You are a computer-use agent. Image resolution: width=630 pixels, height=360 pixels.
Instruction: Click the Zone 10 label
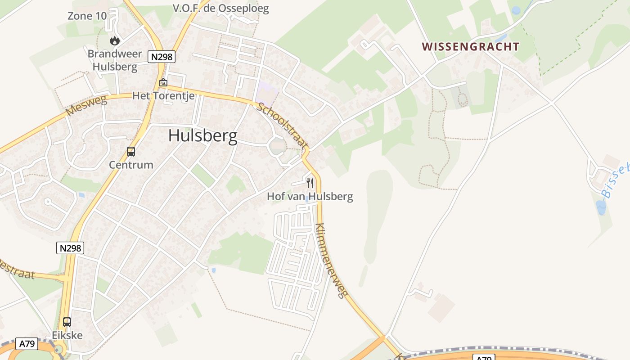(x=87, y=16)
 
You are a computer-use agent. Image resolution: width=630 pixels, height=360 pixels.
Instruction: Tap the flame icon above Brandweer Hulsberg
(x=115, y=40)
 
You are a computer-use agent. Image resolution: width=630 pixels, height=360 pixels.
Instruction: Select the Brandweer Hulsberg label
(x=115, y=60)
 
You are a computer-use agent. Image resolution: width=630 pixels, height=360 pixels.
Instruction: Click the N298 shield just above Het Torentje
(x=162, y=57)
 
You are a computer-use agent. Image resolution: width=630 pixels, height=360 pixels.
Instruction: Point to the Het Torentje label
(x=163, y=96)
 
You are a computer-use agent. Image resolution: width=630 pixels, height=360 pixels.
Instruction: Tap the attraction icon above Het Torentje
(x=163, y=82)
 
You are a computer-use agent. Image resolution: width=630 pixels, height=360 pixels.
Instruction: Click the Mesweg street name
(x=87, y=105)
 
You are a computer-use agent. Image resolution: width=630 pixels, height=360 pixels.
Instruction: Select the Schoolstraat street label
(x=283, y=126)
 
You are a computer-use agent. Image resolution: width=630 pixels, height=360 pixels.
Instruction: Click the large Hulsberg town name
(x=203, y=135)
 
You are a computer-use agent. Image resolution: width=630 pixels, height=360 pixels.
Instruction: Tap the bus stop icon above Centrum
(x=131, y=152)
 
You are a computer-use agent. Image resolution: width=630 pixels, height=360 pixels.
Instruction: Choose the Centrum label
(x=131, y=165)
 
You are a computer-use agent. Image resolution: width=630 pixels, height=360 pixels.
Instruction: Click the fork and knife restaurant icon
(x=310, y=183)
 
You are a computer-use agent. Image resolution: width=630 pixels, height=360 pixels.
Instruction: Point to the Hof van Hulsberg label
(x=310, y=196)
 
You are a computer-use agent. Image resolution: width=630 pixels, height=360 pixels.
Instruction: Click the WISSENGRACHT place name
(x=471, y=47)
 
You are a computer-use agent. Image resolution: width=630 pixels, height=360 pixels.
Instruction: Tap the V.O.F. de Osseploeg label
(x=221, y=9)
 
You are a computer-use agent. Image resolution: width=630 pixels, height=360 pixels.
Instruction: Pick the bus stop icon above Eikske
(x=67, y=322)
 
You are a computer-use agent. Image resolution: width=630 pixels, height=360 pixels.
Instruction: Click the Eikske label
(x=67, y=335)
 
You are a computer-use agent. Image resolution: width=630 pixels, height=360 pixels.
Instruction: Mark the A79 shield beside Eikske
(x=27, y=344)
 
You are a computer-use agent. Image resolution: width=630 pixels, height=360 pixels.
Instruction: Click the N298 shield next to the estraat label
(x=70, y=247)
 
